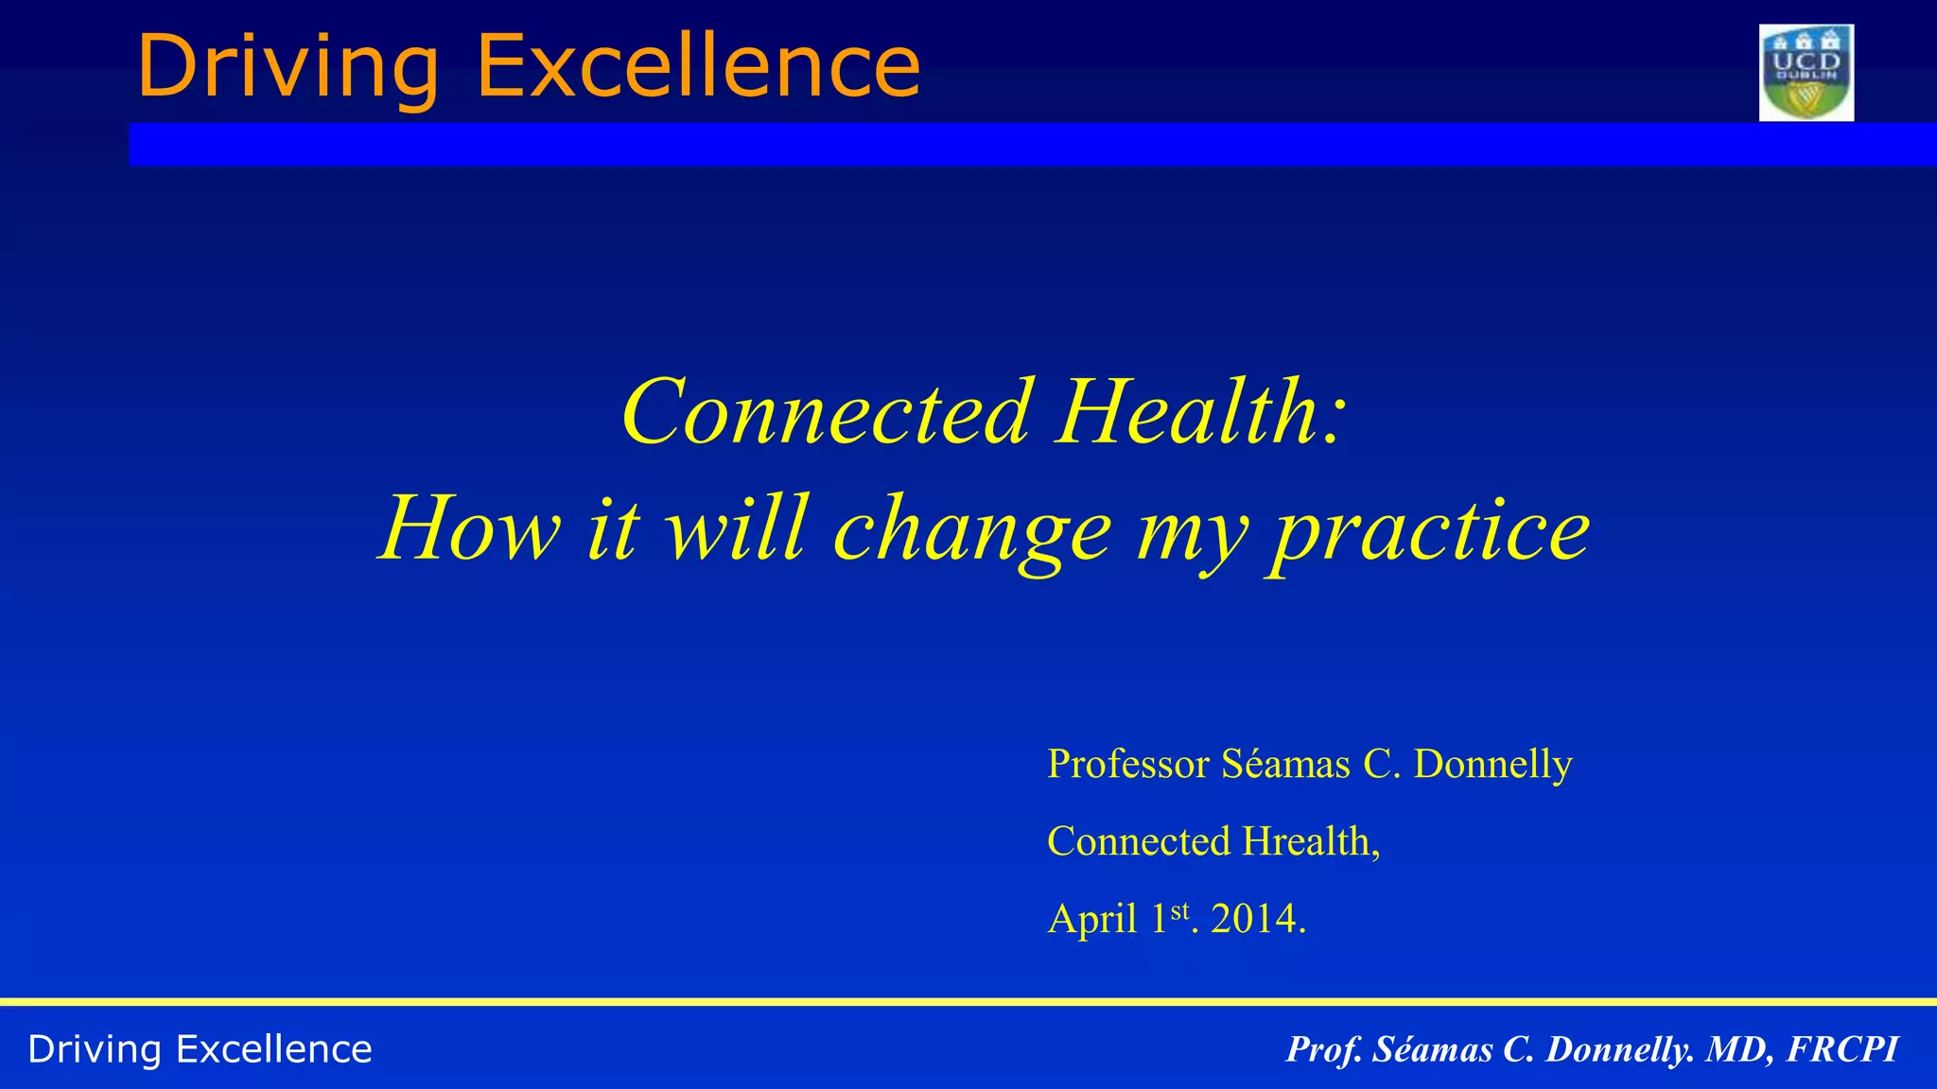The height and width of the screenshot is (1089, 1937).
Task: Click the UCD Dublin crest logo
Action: click(1806, 73)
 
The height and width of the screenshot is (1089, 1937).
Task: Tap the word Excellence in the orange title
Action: click(698, 66)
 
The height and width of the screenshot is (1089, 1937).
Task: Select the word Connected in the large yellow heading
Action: click(825, 412)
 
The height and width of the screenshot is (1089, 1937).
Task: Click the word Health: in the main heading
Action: click(1200, 412)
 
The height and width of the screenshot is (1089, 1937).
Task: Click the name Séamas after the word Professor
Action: click(1285, 764)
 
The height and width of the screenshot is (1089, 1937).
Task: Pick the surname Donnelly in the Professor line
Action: click(1492, 764)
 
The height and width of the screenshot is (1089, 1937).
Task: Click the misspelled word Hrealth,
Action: click(1311, 841)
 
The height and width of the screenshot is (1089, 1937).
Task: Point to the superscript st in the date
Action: click(1179, 911)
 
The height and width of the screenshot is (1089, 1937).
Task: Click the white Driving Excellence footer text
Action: click(201, 1049)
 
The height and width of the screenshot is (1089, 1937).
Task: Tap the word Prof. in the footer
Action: click(1324, 1049)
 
